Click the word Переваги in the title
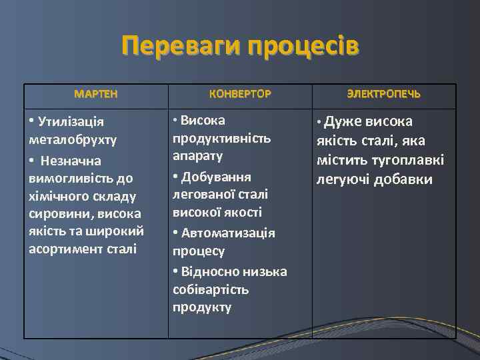(180, 47)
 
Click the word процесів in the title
(303, 47)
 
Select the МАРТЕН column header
(96, 94)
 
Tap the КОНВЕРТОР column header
(240, 94)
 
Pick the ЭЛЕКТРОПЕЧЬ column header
(384, 94)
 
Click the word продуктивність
(221, 138)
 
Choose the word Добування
(216, 177)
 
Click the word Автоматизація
(228, 233)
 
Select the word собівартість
(210, 289)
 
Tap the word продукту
(202, 307)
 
